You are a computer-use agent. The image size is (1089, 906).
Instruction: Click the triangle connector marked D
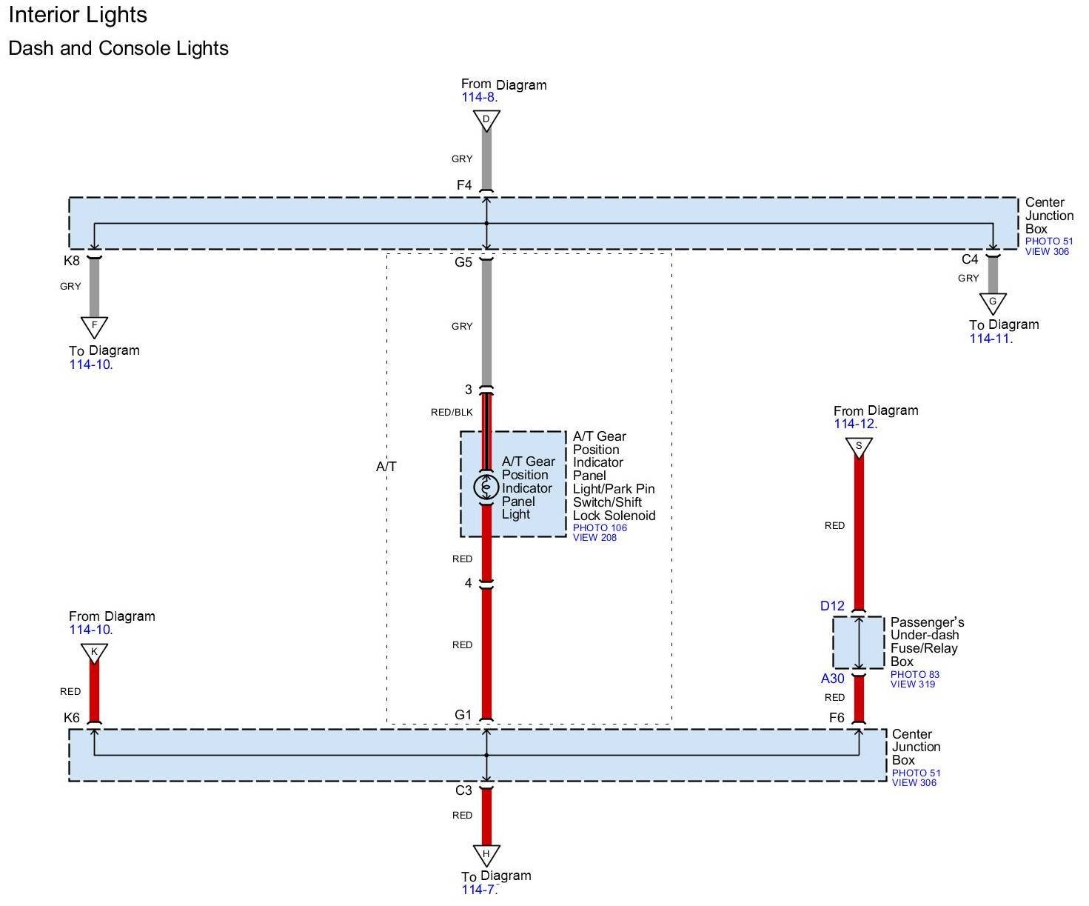pyautogui.click(x=486, y=120)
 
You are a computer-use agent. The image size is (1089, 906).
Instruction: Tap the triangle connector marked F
pyautogui.click(x=94, y=326)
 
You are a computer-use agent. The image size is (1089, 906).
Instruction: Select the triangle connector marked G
pyautogui.click(x=993, y=302)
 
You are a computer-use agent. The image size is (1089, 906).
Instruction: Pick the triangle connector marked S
pyautogui.click(x=859, y=447)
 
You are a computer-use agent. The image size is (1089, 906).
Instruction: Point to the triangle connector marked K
pyautogui.click(x=94, y=653)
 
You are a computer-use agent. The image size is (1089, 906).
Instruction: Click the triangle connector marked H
pyautogui.click(x=486, y=854)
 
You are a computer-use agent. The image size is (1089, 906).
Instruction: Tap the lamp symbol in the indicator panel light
pyautogui.click(x=486, y=487)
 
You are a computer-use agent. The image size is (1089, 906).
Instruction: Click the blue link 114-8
pyautogui.click(x=479, y=97)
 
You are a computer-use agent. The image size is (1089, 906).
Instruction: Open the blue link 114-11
pyautogui.click(x=991, y=339)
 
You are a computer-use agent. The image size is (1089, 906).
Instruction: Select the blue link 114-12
pyautogui.click(x=855, y=424)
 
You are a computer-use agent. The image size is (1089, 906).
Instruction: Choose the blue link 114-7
pyautogui.click(x=479, y=890)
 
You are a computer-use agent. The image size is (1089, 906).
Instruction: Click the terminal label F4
pyautogui.click(x=464, y=185)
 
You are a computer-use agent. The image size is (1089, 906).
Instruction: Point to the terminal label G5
pyautogui.click(x=463, y=262)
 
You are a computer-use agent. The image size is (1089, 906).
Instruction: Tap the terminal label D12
pyautogui.click(x=832, y=606)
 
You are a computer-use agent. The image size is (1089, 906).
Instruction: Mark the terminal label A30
pyautogui.click(x=832, y=679)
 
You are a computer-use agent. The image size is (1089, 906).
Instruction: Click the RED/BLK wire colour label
pyautogui.click(x=452, y=413)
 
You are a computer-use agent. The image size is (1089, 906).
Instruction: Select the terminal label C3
pyautogui.click(x=463, y=790)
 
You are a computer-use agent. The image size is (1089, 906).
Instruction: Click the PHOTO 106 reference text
pyautogui.click(x=600, y=528)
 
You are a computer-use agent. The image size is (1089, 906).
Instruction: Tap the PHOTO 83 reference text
pyautogui.click(x=914, y=674)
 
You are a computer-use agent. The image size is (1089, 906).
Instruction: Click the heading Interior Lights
pyautogui.click(x=78, y=15)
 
